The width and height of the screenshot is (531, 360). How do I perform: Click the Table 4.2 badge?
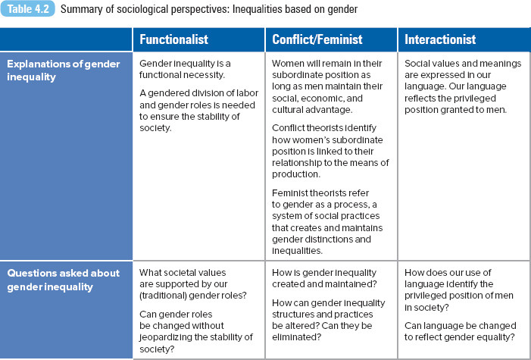pos(27,9)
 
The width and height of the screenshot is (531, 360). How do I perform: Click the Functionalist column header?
pos(173,39)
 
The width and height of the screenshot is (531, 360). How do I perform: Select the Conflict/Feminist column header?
pos(317,39)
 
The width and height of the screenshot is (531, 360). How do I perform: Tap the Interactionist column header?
pos(440,39)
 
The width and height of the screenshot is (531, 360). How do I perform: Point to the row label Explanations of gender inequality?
pos(64,70)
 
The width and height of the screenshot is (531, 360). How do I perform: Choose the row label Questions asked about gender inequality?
pos(64,280)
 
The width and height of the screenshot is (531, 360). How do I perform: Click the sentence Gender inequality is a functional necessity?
pos(185,69)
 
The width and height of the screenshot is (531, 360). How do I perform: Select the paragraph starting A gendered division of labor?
pos(198,111)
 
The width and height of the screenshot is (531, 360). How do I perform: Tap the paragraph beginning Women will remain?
pos(327,86)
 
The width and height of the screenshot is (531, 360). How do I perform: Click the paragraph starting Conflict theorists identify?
pos(330,151)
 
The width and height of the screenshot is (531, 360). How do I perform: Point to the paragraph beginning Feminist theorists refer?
pos(327,222)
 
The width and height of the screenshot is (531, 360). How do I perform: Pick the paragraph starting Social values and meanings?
pos(463,86)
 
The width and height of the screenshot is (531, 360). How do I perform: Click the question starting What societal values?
pos(193,283)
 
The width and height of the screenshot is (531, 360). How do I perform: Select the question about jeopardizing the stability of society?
pos(196,331)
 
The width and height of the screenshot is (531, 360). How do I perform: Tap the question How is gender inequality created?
pos(324,278)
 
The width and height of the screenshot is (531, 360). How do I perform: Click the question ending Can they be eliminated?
pos(329,320)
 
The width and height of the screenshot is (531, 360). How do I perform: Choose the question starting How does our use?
pos(459,290)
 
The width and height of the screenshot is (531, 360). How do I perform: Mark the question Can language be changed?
pos(461,331)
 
